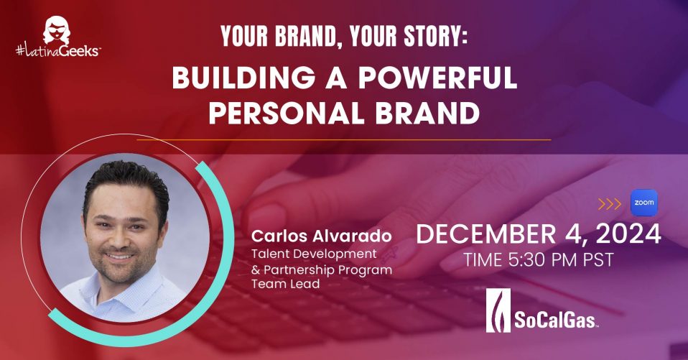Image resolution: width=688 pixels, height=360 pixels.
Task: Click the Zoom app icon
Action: pos(644,203)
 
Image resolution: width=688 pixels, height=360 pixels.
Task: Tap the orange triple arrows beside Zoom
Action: pos(610,203)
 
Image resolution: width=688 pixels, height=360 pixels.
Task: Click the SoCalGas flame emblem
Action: pos(498,310)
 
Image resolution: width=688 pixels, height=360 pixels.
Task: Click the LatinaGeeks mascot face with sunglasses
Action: pos(57,30)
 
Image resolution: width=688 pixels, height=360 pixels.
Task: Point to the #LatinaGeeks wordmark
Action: pos(58,51)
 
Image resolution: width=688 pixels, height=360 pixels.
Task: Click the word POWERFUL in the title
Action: pos(438,78)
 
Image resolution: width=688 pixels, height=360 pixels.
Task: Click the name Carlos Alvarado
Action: pos(321,236)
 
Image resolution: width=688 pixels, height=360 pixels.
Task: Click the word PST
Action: pos(598,259)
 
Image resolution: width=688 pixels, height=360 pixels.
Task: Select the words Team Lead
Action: pos(286,284)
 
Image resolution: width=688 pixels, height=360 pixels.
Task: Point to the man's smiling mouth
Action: pos(119,256)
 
